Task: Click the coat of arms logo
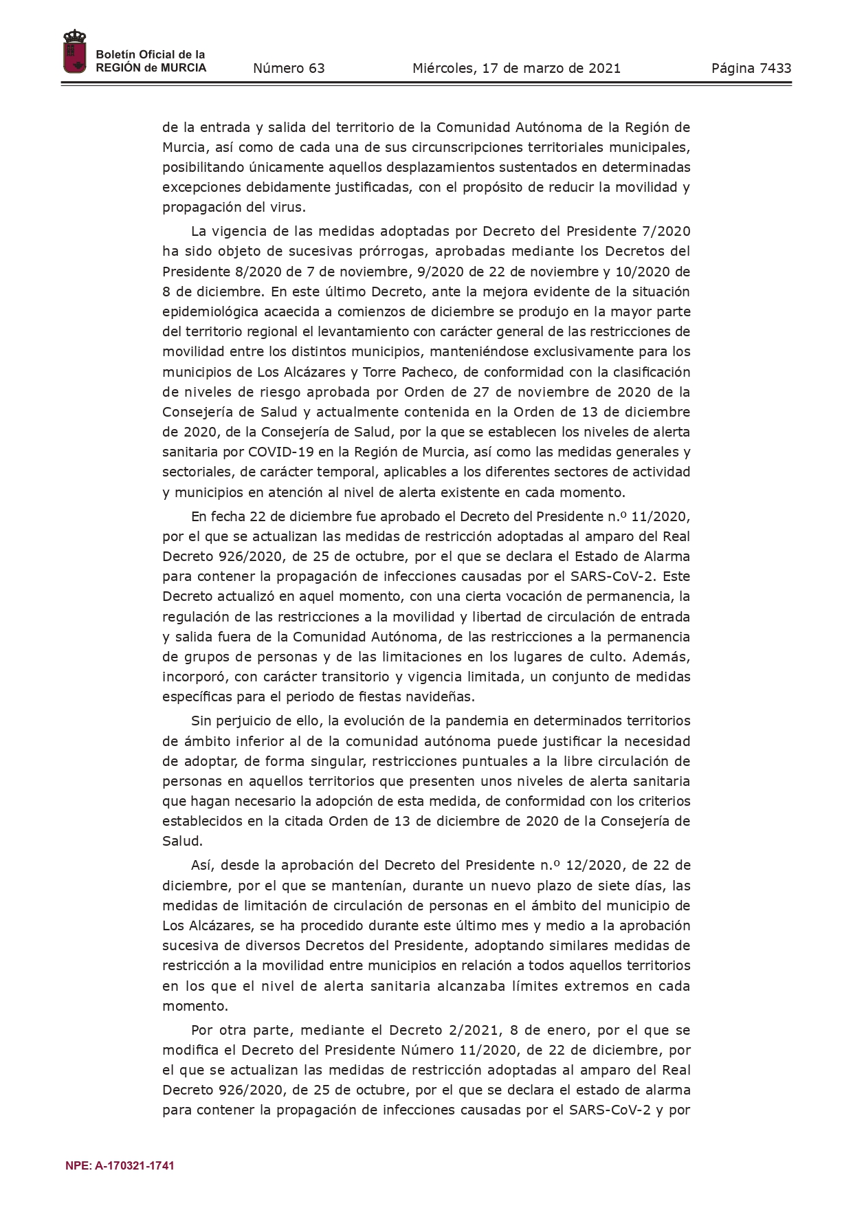74,52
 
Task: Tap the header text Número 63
289,68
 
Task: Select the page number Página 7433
751,68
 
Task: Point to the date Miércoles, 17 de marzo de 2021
516,68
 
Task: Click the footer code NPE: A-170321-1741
120,1165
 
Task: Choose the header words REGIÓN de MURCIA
151,68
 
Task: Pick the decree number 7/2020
665,231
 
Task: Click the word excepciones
201,187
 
